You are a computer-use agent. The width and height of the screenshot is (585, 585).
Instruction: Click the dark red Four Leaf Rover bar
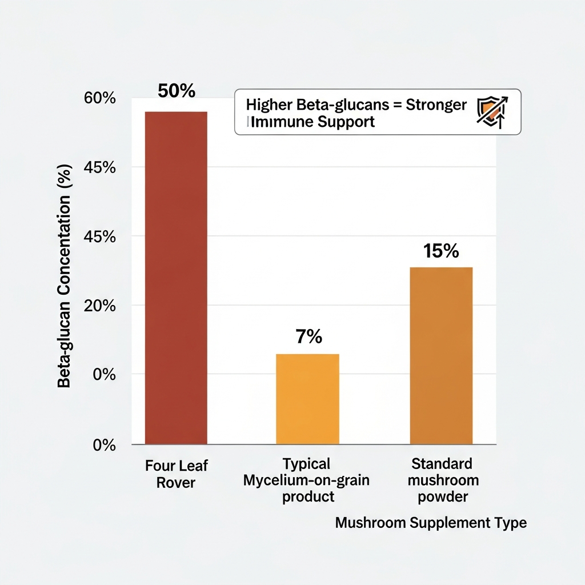(176, 278)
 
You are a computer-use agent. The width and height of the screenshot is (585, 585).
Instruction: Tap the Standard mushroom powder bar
(441, 355)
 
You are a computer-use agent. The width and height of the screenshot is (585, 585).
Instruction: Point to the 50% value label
(176, 91)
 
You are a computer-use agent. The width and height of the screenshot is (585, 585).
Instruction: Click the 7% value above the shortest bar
(308, 337)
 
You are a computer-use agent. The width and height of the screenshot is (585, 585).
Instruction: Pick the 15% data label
(441, 251)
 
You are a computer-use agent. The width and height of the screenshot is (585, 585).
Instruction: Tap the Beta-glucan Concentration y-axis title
(65, 276)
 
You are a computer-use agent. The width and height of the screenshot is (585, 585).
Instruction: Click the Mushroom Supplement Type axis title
(431, 523)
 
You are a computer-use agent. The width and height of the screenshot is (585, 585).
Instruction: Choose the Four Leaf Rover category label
(176, 474)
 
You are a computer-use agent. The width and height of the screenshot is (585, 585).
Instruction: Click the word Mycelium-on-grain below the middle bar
(306, 480)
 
